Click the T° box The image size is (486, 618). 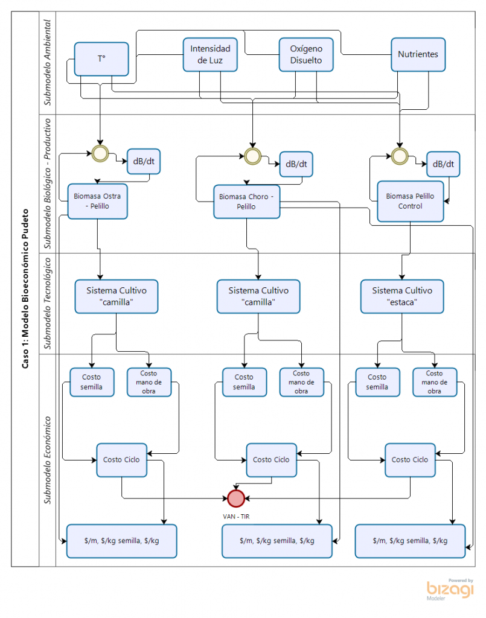[x=101, y=59]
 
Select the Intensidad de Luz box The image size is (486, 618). [x=210, y=55]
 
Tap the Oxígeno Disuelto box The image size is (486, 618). [x=306, y=55]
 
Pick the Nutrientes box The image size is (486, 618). [x=418, y=55]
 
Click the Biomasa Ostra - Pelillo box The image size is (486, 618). [x=97, y=202]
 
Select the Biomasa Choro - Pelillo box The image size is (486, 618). [x=247, y=202]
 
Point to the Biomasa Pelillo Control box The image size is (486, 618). [x=410, y=202]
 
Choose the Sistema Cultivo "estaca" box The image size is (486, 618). [x=401, y=297]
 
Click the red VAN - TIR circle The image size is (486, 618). [x=236, y=498]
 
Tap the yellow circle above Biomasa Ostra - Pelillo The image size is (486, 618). [x=100, y=153]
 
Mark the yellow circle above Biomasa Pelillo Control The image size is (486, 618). [x=399, y=156]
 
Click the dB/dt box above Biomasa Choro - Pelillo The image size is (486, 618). [x=296, y=164]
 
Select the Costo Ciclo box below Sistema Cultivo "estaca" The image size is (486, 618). [x=410, y=460]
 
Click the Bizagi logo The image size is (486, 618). [x=450, y=590]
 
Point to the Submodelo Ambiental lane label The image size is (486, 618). [x=47, y=63]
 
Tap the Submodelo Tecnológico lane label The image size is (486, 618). [x=47, y=303]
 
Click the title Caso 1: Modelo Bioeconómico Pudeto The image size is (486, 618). [x=25, y=289]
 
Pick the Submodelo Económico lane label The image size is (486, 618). [x=47, y=460]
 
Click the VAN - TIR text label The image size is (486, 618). [x=236, y=517]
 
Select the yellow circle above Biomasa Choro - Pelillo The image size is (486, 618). [x=252, y=156]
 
